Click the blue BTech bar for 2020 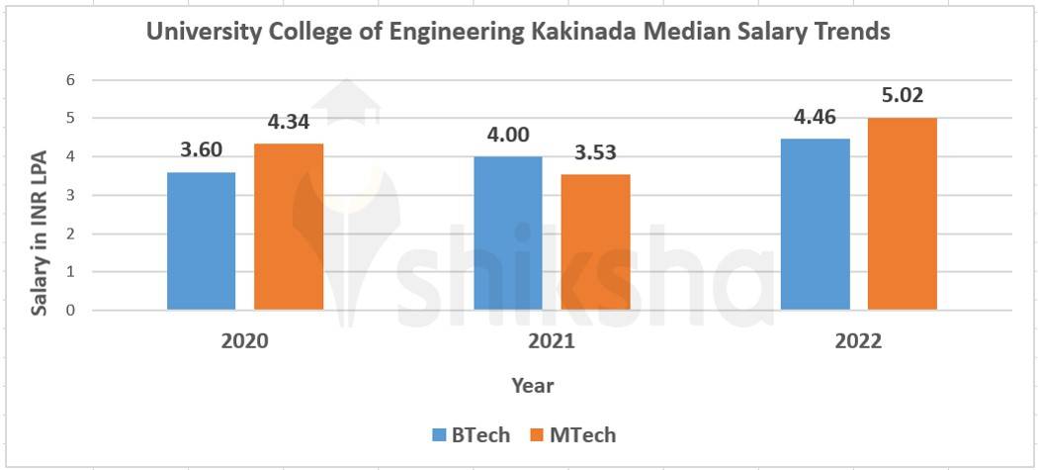(201, 241)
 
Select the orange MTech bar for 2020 (289, 227)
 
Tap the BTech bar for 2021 (508, 234)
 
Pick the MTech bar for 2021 (595, 242)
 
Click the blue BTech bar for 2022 (815, 225)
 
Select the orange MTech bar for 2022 (903, 214)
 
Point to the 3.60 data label (202, 150)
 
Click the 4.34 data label (289, 123)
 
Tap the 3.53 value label (595, 153)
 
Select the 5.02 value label (902, 96)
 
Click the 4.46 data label (815, 118)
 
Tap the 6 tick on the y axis (70, 80)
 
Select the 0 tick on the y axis (70, 311)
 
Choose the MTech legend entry (572, 434)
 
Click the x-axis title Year (533, 386)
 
